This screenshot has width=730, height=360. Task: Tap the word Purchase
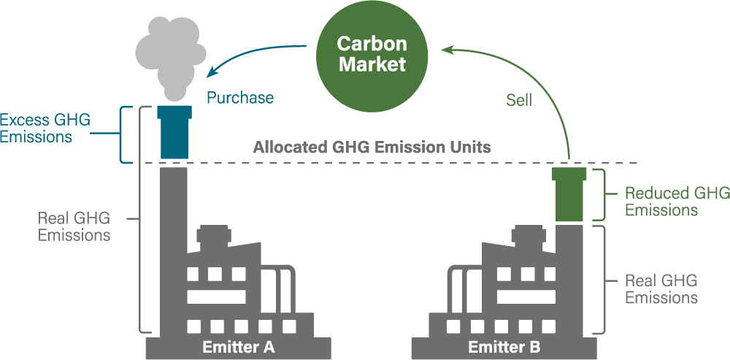[239, 98]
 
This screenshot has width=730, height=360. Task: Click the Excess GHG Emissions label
[45, 128]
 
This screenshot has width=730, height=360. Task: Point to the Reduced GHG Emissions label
[676, 202]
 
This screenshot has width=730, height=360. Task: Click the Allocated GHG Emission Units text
[372, 147]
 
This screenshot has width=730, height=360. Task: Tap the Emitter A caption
[238, 347]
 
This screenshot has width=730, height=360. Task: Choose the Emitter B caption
[504, 347]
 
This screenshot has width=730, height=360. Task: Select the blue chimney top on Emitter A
[174, 133]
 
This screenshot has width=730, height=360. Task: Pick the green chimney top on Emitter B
[569, 194]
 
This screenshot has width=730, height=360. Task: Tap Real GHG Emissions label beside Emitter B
[661, 289]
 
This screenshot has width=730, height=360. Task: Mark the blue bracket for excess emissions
[126, 134]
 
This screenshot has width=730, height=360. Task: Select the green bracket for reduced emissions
[600, 194]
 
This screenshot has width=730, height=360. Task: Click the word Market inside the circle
[371, 64]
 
